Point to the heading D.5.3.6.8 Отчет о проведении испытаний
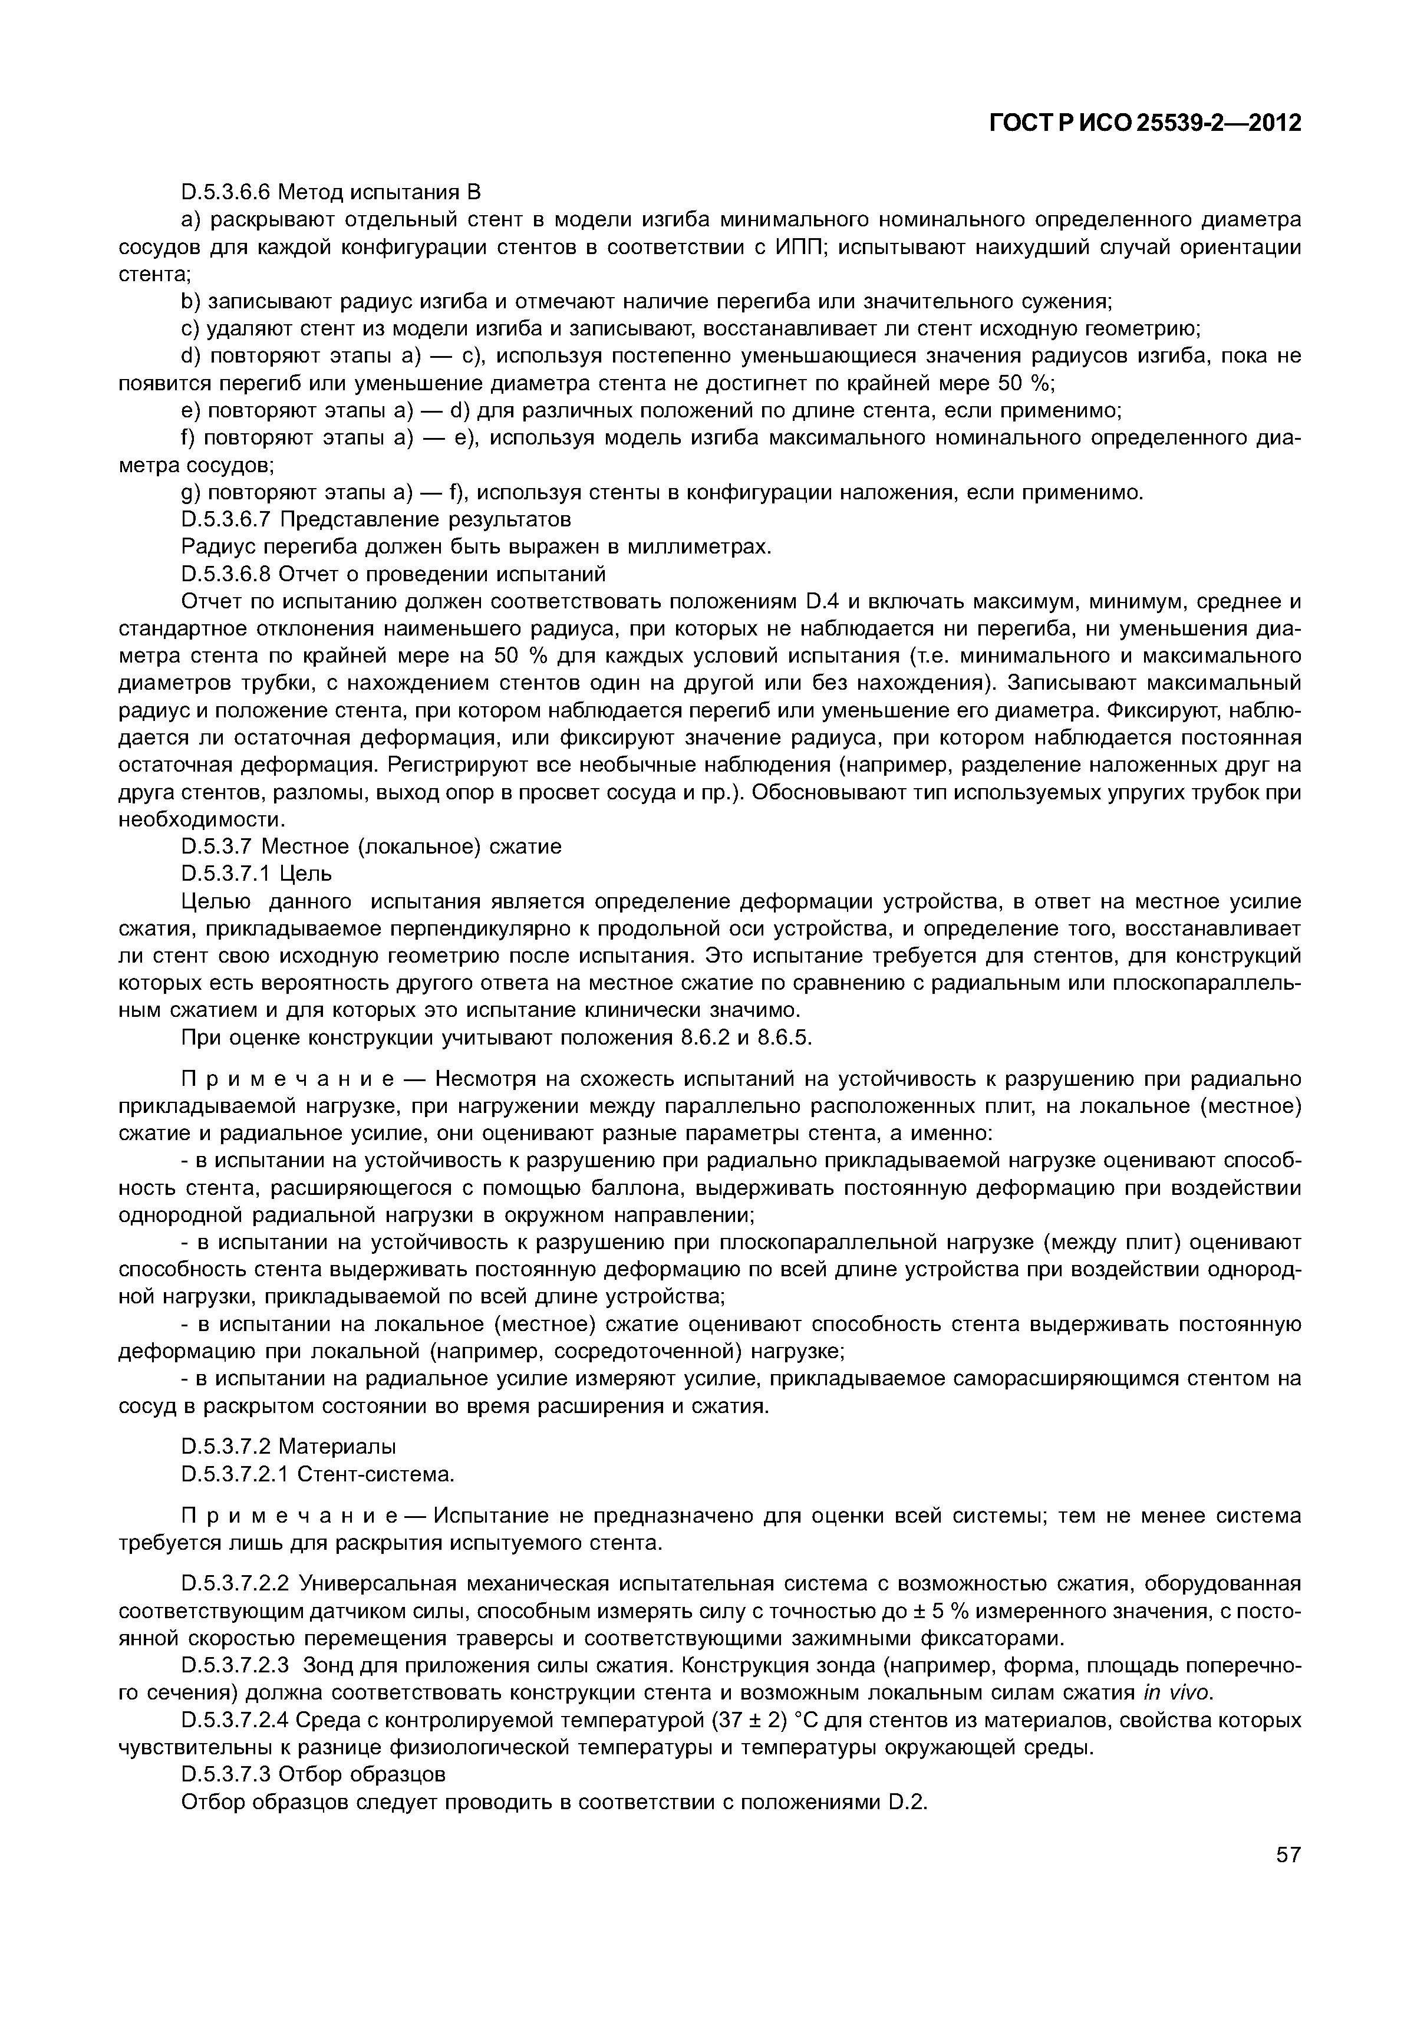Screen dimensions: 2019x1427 (x=393, y=574)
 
